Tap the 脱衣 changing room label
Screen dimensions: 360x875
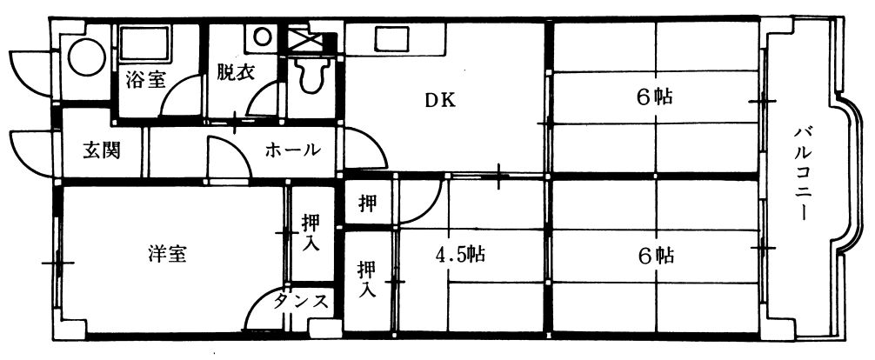[235, 72]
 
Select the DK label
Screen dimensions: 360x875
[439, 100]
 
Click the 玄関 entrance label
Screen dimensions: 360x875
[102, 150]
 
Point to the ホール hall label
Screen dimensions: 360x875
[292, 150]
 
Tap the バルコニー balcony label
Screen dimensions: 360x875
[804, 173]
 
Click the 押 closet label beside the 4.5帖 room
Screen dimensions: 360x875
[368, 204]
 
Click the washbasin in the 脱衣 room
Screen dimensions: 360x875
[261, 37]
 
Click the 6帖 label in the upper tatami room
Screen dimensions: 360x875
[655, 97]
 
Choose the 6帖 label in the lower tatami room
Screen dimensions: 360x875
[655, 255]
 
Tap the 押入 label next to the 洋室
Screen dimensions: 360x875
[311, 232]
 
